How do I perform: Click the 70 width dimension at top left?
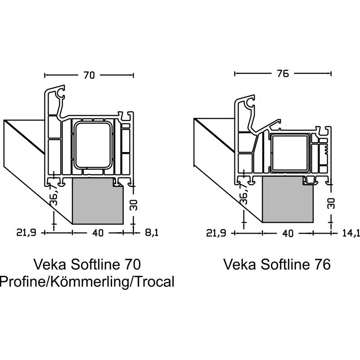pyautogui.click(x=89, y=75)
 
